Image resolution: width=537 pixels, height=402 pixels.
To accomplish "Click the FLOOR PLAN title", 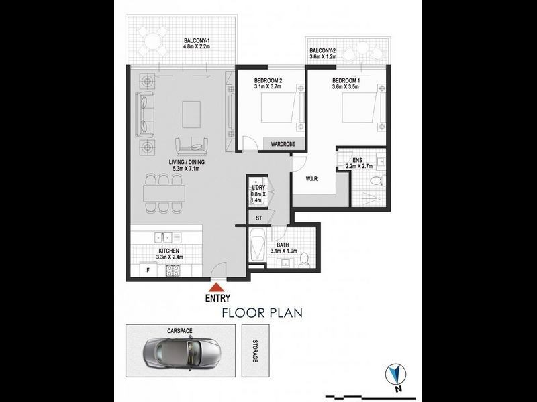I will pyautogui.click(x=263, y=312).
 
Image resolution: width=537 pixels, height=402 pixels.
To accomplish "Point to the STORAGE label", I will pyautogui.click(x=255, y=351).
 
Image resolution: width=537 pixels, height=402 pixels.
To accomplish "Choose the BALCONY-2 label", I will pyautogui.click(x=323, y=52).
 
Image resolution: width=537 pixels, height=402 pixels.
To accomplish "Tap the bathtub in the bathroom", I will pyautogui.click(x=258, y=250).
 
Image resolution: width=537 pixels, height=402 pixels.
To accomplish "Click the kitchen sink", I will pyautogui.click(x=164, y=237).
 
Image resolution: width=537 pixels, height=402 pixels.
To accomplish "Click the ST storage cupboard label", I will pyautogui.click(x=258, y=218).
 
